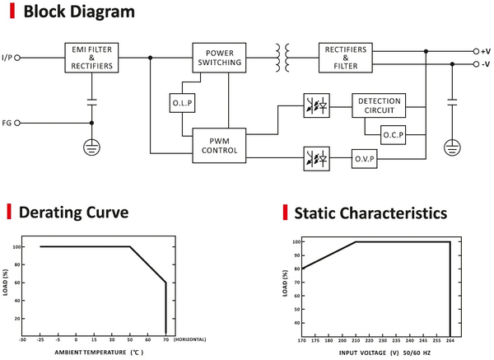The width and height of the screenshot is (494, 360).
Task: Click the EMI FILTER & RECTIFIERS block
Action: pos(91,58)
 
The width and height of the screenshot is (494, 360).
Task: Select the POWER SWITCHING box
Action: pos(218,58)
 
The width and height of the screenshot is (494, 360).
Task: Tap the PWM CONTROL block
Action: pos(218,145)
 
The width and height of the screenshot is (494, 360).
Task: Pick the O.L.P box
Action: pos(181,103)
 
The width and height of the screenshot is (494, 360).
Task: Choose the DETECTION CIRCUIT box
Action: pos(379,105)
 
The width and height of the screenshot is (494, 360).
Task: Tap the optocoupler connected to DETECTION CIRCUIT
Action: pos(318,106)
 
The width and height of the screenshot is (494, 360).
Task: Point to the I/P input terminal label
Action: pos(7,58)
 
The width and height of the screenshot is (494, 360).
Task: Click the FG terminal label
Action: pos(7,124)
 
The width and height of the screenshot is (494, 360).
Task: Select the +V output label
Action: pos(485,51)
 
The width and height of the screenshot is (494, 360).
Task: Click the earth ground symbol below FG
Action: pos(91,149)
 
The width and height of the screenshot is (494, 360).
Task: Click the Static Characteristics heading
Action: pos(370,213)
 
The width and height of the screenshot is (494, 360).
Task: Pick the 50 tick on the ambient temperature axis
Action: pos(130,339)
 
